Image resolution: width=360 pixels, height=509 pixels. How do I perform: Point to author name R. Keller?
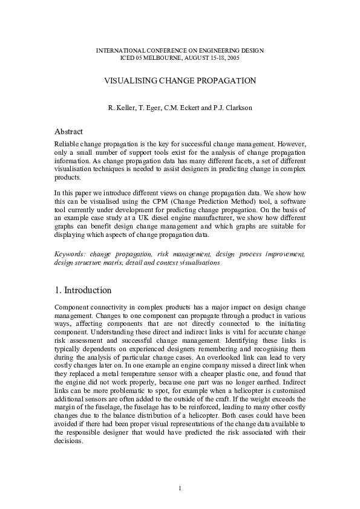[x=121, y=108]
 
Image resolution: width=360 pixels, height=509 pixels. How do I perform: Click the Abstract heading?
[x=68, y=132]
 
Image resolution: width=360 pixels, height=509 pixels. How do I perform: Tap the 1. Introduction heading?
[x=83, y=290]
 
